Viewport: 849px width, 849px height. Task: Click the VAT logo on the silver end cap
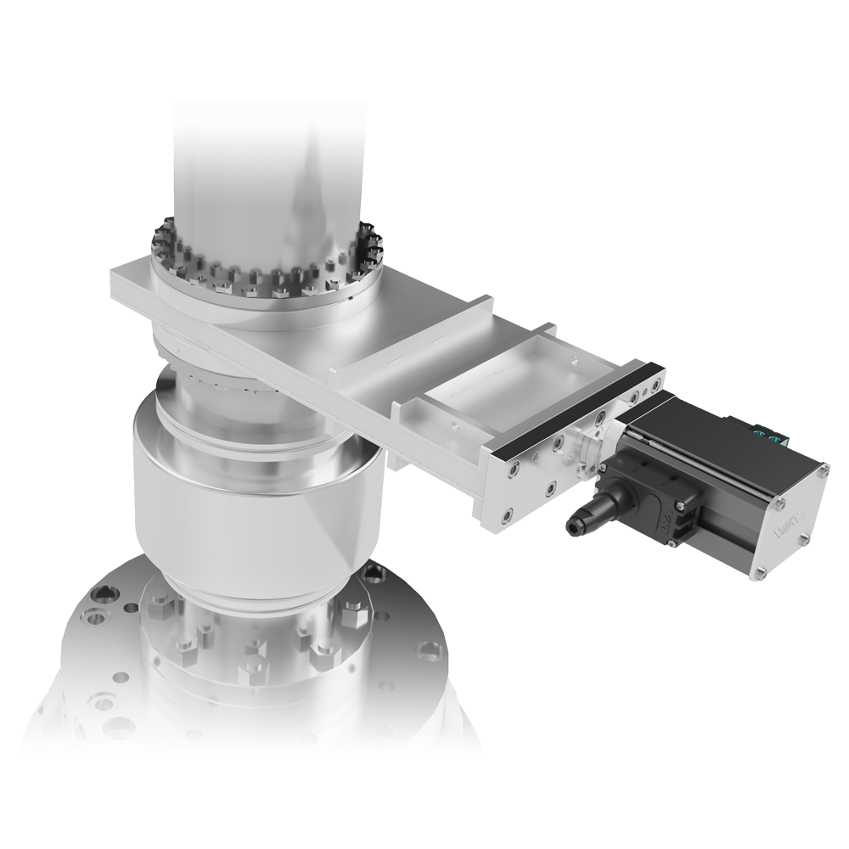(x=790, y=521)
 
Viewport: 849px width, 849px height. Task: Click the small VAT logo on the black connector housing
(x=666, y=519)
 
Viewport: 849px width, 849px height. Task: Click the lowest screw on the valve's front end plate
(x=507, y=512)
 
